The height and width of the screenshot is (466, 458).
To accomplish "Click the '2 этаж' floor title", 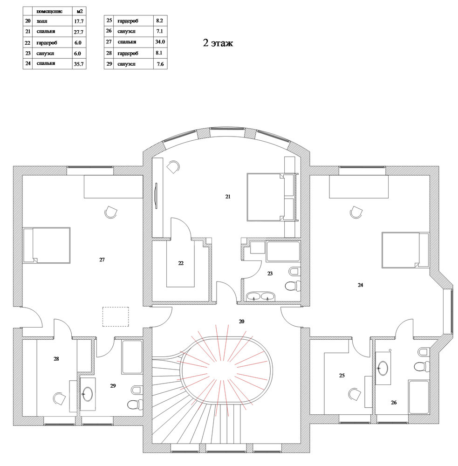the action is (218, 43).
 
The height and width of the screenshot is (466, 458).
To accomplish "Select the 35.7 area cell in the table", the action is (79, 64).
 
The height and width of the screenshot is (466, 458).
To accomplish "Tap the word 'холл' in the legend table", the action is (42, 21).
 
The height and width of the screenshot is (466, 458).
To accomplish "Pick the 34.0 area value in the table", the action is (160, 42).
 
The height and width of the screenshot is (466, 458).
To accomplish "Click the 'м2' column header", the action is (79, 11).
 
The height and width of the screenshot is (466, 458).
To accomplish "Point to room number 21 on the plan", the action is (228, 197).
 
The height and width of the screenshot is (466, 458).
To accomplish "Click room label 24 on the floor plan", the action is (360, 285).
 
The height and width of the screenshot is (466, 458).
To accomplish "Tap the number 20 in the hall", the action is (241, 321).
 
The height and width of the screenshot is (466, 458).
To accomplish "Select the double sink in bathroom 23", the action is (260, 296).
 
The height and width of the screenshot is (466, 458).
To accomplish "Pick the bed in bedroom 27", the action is (47, 245).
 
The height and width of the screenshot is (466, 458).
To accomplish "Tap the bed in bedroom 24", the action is (405, 250).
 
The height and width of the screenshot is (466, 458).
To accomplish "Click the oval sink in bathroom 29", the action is (88, 394).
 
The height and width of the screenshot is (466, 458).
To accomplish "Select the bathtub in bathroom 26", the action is (419, 397).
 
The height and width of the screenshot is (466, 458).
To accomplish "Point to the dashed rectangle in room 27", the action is (116, 317).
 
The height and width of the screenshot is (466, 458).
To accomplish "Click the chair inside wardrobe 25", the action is (355, 394).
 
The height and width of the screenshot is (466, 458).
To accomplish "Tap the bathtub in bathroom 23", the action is (283, 252).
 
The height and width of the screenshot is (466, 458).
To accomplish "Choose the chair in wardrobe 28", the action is (60, 398).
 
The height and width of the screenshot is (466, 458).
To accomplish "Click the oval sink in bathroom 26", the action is (383, 368).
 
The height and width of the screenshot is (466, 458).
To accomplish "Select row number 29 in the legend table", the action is (109, 64).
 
